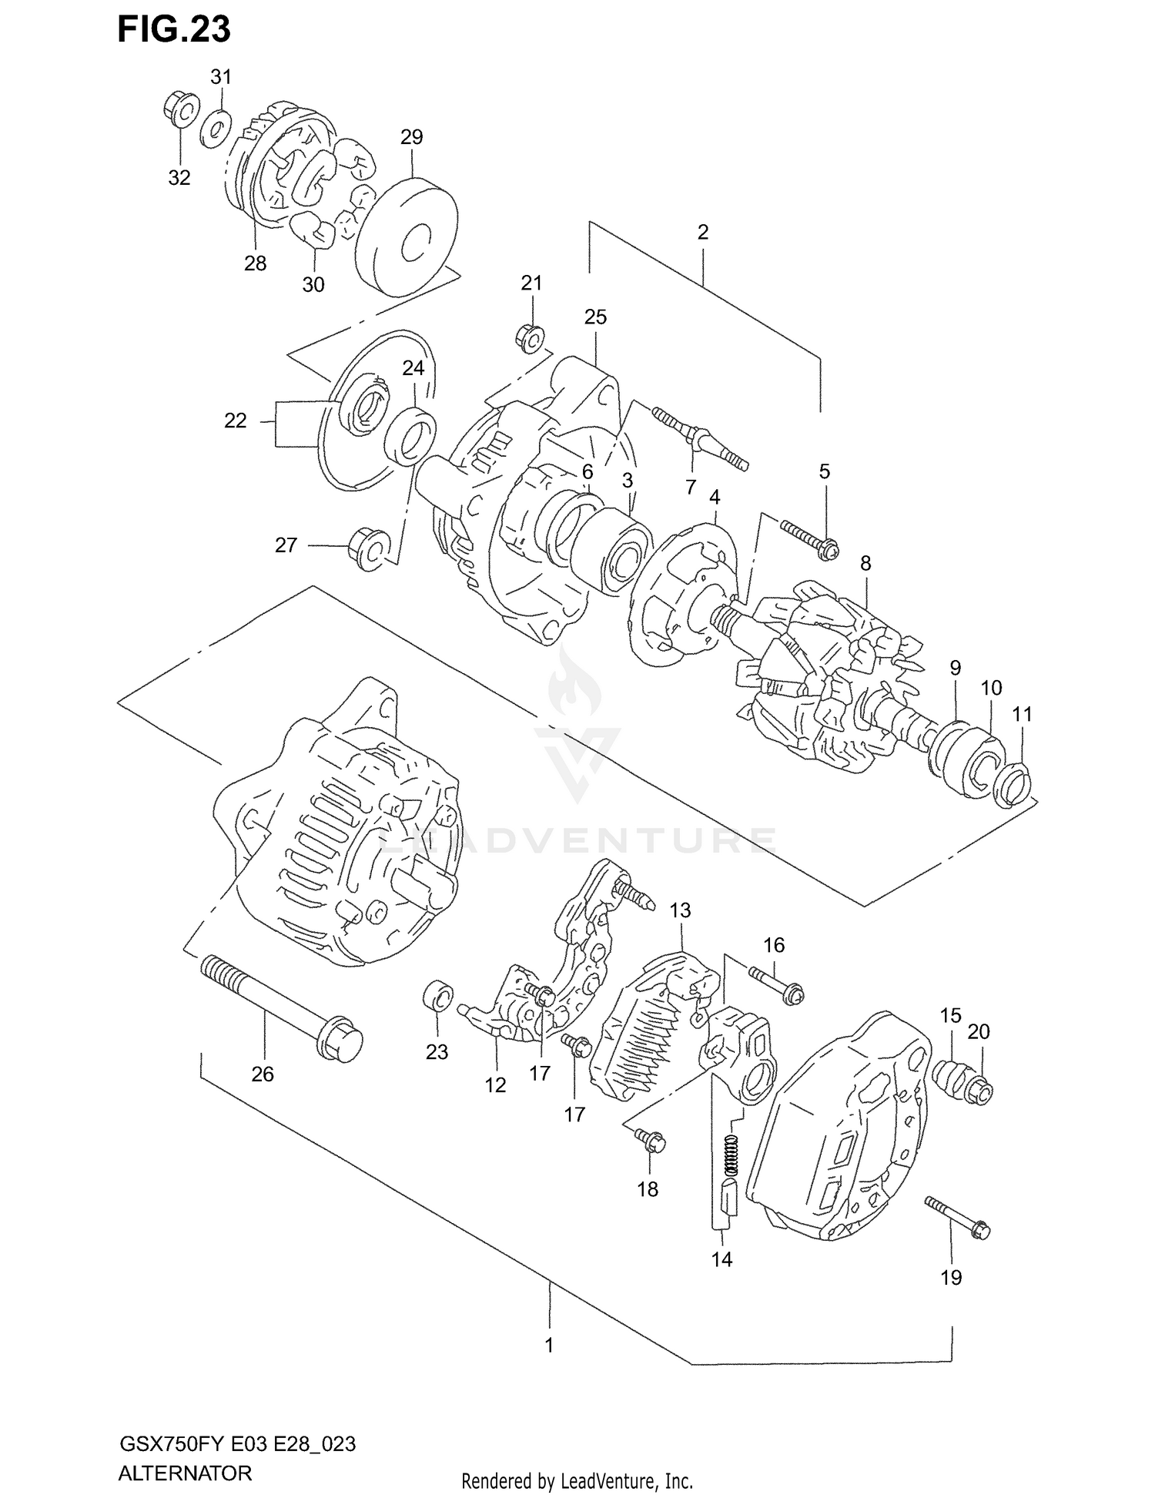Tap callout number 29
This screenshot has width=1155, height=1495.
pyautogui.click(x=412, y=137)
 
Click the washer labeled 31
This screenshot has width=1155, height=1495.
pyautogui.click(x=216, y=128)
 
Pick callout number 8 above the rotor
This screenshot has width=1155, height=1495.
pyautogui.click(x=865, y=563)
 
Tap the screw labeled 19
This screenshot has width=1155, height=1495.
pyautogui.click(x=958, y=1218)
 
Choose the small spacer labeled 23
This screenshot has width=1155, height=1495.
pyautogui.click(x=437, y=999)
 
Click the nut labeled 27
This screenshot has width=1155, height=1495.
pyautogui.click(x=368, y=548)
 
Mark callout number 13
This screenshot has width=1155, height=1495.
pyautogui.click(x=680, y=910)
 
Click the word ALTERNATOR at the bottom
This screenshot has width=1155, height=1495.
pyautogui.click(x=185, y=1473)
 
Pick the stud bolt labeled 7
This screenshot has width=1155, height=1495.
pyautogui.click(x=701, y=440)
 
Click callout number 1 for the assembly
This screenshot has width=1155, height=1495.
pyautogui.click(x=549, y=1345)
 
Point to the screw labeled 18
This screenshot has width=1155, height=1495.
pyautogui.click(x=651, y=1141)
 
